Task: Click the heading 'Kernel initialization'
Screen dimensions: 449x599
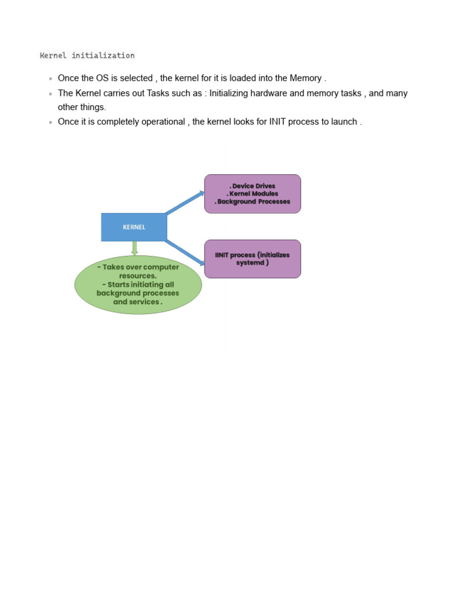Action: click(x=87, y=56)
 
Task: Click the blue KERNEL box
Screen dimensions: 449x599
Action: click(x=134, y=227)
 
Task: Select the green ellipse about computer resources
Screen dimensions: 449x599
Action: click(x=138, y=285)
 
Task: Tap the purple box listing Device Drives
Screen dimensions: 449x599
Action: click(x=253, y=194)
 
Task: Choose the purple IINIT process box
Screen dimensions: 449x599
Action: click(x=253, y=259)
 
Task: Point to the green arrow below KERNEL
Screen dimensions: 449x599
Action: click(x=134, y=249)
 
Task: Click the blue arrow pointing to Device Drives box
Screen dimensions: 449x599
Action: click(x=185, y=202)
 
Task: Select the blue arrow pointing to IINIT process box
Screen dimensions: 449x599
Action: click(x=185, y=251)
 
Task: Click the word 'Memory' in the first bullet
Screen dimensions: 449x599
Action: click(x=306, y=78)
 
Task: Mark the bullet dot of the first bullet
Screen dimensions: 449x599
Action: click(x=51, y=78)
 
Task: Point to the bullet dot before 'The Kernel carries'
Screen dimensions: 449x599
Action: click(x=51, y=94)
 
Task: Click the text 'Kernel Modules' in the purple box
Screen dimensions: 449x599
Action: click(x=254, y=194)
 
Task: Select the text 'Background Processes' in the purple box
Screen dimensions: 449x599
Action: click(x=254, y=202)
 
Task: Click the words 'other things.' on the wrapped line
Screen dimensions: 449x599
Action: click(x=82, y=107)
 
